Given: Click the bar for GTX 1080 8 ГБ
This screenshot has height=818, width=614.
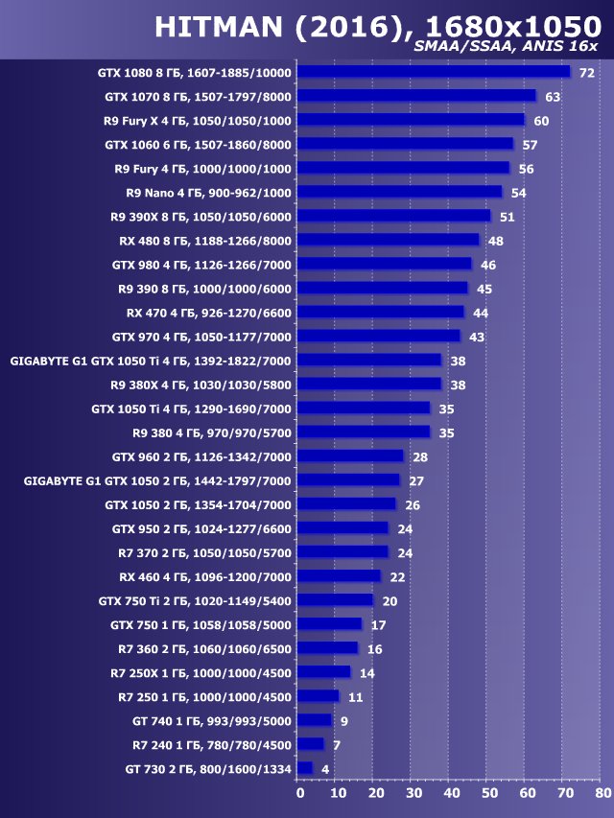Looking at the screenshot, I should (x=434, y=72).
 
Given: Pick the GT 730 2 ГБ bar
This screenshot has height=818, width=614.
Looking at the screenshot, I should (x=305, y=768).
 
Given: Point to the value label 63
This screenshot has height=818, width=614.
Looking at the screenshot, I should (x=552, y=97).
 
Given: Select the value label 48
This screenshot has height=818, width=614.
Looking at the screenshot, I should (x=495, y=241).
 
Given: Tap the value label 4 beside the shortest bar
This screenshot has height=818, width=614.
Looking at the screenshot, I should (x=326, y=769).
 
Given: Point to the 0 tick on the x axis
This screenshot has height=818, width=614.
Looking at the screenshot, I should (x=299, y=793).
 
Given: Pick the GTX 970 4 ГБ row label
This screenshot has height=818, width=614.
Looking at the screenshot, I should (x=201, y=337).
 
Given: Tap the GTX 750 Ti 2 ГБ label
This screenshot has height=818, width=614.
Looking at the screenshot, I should (x=195, y=600).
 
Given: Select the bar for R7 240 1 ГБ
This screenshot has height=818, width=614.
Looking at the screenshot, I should (x=311, y=744).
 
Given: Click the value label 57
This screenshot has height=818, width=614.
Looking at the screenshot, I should (x=530, y=145).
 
